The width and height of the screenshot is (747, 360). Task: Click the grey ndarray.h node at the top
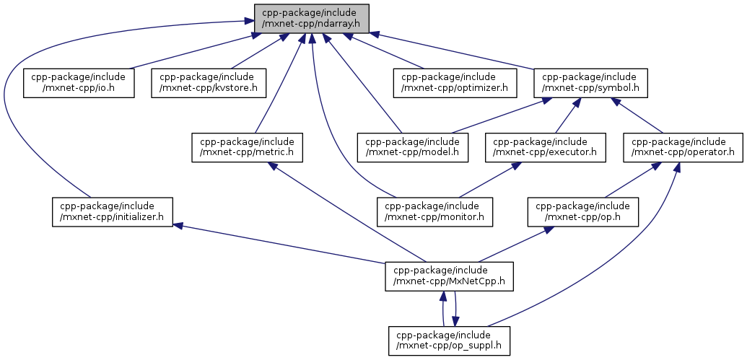click(311, 18)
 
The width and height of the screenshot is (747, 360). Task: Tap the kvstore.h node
click(209, 83)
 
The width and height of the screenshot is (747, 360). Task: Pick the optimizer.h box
click(455, 83)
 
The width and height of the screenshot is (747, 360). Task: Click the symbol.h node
click(590, 83)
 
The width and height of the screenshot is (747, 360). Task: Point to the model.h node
click(414, 146)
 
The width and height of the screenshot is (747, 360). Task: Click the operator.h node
click(683, 146)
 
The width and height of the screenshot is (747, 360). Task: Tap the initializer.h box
click(113, 211)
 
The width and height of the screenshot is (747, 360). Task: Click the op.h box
click(584, 211)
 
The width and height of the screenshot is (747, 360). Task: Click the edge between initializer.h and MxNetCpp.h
click(281, 244)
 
